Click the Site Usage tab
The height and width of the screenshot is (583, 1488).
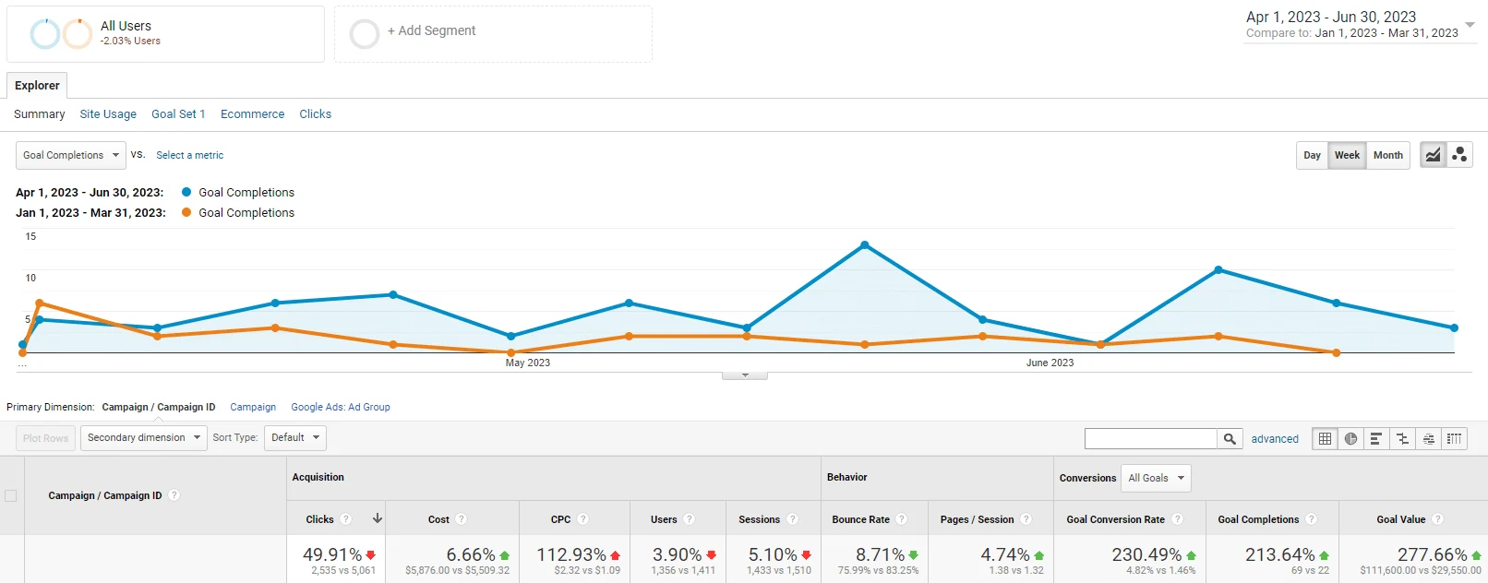pos(108,114)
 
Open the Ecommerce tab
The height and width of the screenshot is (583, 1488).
pos(252,114)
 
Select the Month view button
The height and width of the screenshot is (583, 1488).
pos(1387,155)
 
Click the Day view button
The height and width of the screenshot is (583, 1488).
pos(1312,155)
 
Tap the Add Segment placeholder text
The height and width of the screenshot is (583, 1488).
pos(432,30)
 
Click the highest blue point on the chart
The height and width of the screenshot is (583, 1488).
pos(864,245)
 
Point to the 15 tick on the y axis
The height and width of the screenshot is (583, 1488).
pos(30,236)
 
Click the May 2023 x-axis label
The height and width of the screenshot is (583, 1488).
pos(527,363)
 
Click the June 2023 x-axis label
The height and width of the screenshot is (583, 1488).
pos(1050,363)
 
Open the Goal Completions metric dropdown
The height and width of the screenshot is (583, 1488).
pos(71,155)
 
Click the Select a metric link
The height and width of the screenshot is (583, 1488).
pos(189,155)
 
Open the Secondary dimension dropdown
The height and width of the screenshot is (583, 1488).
pos(143,437)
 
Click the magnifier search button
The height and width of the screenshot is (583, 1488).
pos(1230,439)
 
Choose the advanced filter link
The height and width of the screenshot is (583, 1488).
pos(1275,439)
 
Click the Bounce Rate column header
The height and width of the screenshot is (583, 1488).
pos(860,519)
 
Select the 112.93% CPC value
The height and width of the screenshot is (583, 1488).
pos(571,554)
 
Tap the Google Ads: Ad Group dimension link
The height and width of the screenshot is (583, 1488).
pos(340,407)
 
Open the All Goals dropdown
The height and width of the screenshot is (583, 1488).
pos(1156,478)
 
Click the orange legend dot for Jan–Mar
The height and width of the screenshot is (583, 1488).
pos(186,212)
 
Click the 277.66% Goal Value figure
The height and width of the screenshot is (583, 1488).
pos(1433,554)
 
